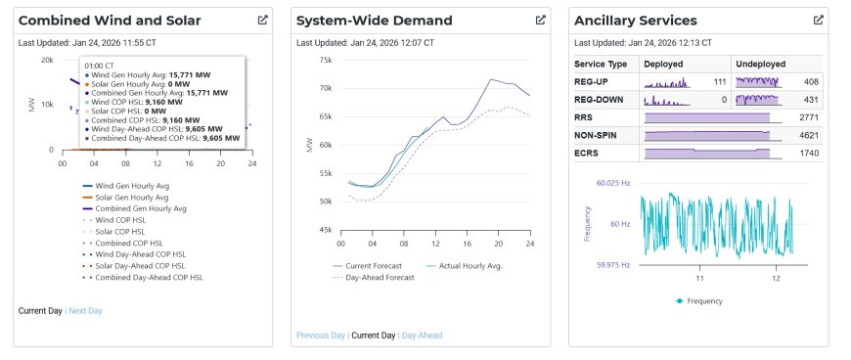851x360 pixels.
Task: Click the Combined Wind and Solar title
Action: point(110,21)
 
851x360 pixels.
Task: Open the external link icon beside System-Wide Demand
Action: point(541,21)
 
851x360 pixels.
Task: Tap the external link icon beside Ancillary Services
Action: point(819,21)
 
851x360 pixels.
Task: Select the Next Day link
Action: point(85,311)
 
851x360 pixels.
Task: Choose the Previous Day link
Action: point(321,336)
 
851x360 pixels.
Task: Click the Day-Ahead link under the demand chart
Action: point(422,336)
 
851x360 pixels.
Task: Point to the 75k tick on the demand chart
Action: point(325,60)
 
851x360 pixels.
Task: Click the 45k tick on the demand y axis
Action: point(325,230)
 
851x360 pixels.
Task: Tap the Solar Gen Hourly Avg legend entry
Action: point(125,197)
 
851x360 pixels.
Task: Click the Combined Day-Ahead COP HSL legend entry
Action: point(143,278)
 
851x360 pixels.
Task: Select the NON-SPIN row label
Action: point(596,135)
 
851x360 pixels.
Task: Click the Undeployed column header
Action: point(760,64)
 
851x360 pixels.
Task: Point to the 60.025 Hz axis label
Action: point(613,184)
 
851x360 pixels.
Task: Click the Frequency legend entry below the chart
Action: point(699,300)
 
